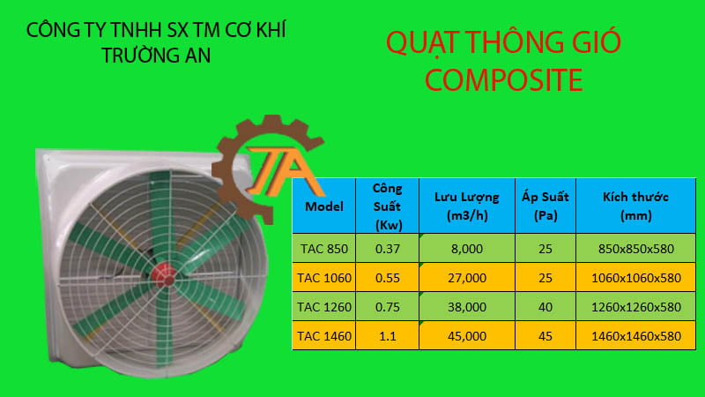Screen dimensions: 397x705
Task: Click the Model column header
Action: (324, 206)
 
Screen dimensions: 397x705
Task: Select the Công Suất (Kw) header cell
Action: (387, 206)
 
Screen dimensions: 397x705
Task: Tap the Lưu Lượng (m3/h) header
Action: (466, 206)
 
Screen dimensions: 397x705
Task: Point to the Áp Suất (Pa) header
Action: (545, 206)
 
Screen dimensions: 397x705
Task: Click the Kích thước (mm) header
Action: (634, 206)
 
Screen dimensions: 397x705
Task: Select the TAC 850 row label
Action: (324, 249)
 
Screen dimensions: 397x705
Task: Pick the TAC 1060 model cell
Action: (324, 278)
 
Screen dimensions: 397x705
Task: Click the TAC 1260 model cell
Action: (324, 307)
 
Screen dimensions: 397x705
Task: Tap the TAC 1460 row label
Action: (324, 335)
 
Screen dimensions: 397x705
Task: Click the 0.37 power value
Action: (387, 249)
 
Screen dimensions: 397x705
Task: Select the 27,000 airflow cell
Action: (466, 278)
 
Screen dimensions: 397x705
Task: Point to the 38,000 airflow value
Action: (466, 307)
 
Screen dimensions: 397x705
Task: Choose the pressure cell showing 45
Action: (545, 335)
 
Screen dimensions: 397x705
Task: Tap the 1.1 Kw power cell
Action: (387, 335)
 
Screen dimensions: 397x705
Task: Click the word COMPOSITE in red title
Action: (503, 80)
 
